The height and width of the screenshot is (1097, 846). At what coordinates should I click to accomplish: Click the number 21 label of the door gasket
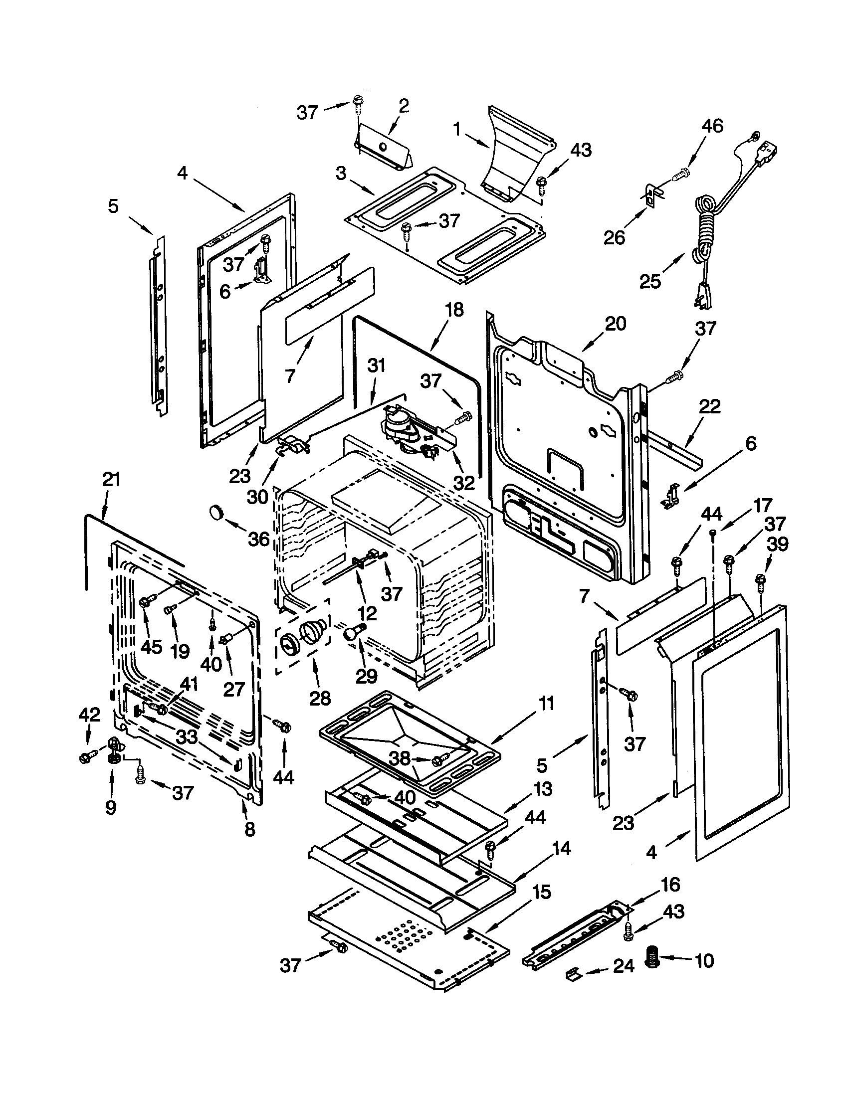pos(112,479)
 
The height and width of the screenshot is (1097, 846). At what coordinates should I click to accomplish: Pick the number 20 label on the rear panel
pos(616,324)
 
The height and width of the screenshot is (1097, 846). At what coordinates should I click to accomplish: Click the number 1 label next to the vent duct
pos(456,129)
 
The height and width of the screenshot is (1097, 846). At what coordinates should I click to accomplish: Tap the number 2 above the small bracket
pos(404,106)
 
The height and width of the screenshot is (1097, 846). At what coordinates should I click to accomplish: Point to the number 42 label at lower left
pos(89,715)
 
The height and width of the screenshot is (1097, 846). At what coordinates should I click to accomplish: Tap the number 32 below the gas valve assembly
pos(464,483)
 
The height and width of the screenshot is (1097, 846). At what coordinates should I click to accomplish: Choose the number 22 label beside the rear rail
pos(710,406)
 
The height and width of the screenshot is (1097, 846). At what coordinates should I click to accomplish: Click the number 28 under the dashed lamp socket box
pos(320,698)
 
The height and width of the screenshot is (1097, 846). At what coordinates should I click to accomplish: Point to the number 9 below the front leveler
pos(111,807)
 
